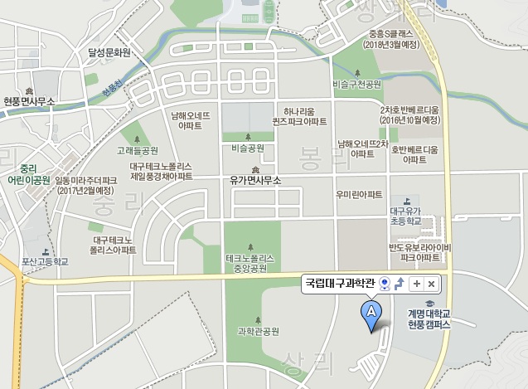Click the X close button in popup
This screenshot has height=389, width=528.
[x=431, y=284]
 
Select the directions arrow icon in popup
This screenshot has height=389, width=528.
[x=400, y=284]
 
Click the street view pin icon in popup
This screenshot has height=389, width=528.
[x=385, y=284]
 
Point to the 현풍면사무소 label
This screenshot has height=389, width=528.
[x=29, y=101]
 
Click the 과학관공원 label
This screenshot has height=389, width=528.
[x=258, y=331]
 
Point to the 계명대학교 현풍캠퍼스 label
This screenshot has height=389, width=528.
[x=429, y=318]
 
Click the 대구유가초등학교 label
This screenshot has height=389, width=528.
[x=405, y=216]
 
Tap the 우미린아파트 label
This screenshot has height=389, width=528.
[x=359, y=194]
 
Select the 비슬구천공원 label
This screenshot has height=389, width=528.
[x=356, y=84]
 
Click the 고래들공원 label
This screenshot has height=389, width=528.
[x=138, y=150]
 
